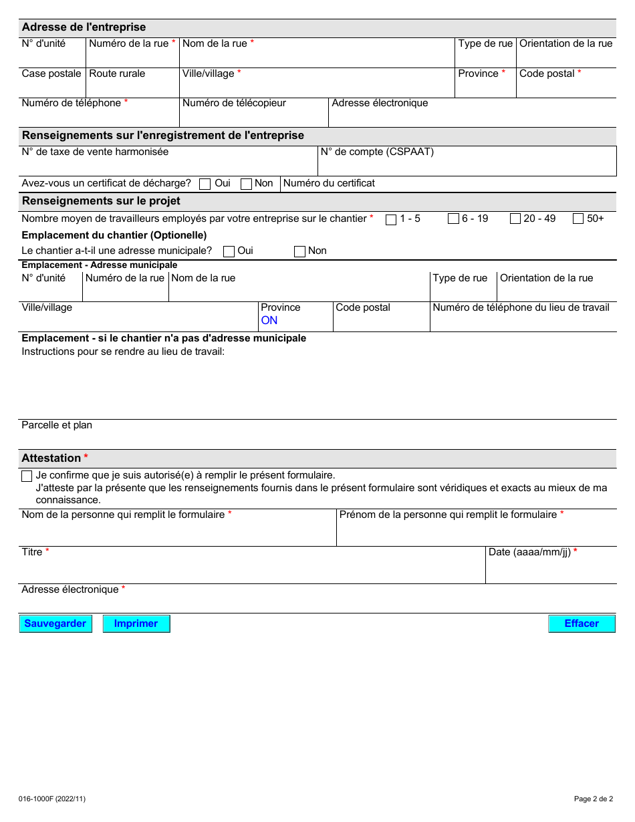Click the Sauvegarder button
[55, 624]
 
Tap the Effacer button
[582, 624]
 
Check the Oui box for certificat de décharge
[205, 184]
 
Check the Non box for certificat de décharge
[246, 184]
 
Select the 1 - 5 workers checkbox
[391, 219]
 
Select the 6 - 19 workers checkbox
[453, 219]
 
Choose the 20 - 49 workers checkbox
[515, 219]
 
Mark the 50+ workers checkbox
[578, 219]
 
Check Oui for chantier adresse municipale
[229, 251]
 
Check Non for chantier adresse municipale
[299, 251]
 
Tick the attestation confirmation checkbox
[27, 476]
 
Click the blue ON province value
[269, 321]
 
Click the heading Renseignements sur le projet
[101, 201]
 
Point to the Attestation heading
[51, 458]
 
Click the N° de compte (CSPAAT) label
[377, 152]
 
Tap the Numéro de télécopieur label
[234, 104]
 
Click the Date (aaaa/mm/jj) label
[529, 553]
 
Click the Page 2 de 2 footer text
[593, 799]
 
